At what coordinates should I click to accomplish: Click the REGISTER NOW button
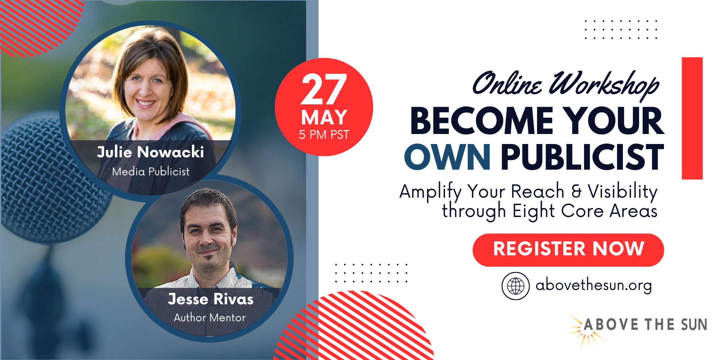click(x=568, y=250)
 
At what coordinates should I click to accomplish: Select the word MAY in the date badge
click(x=324, y=117)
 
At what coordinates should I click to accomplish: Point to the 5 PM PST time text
click(x=324, y=135)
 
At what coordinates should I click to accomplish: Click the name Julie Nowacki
click(x=150, y=152)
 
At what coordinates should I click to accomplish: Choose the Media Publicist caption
click(x=151, y=171)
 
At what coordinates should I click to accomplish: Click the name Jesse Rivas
click(x=211, y=299)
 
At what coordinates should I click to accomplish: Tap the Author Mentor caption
click(x=210, y=318)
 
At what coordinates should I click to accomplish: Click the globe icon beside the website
click(x=516, y=286)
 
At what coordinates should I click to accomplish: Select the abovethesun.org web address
click(x=594, y=285)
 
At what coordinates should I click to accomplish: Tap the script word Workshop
click(x=604, y=84)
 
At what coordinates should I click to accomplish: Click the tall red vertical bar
click(x=692, y=118)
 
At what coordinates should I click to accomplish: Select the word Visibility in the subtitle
click(x=622, y=191)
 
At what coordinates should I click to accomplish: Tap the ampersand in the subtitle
click(x=576, y=191)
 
